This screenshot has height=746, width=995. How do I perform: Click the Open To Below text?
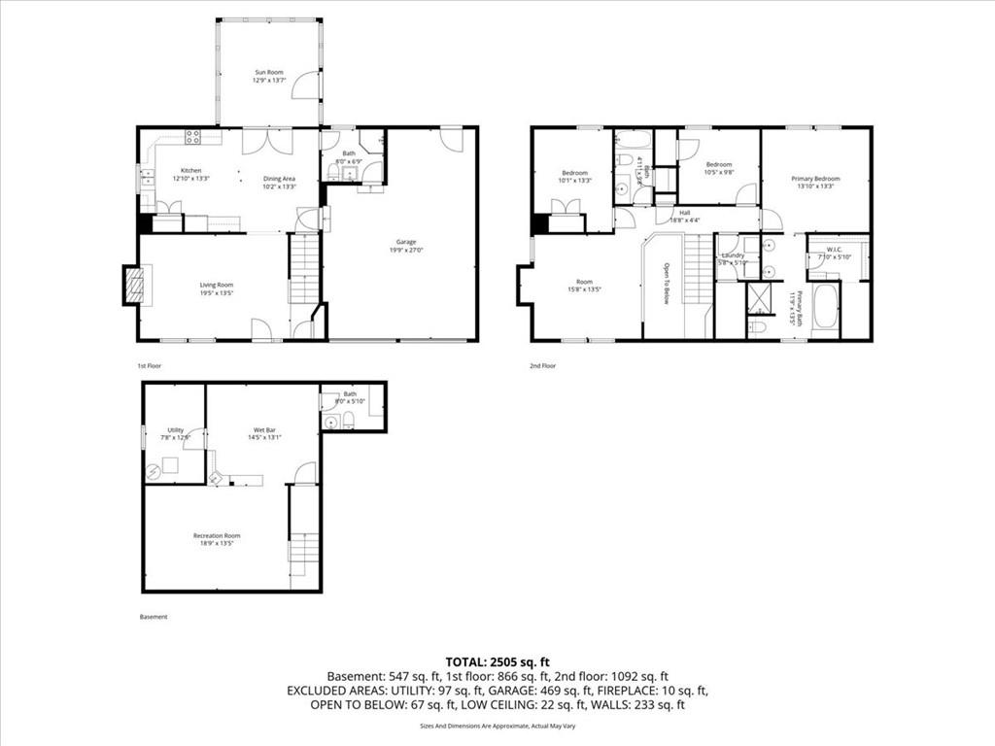coord(668,284)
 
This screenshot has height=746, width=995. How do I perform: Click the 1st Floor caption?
coord(149,366)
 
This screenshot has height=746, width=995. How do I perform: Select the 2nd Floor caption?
coord(543,366)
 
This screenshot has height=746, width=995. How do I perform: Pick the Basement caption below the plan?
coord(154,617)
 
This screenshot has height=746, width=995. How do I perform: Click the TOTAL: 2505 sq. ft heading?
coord(497,661)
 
